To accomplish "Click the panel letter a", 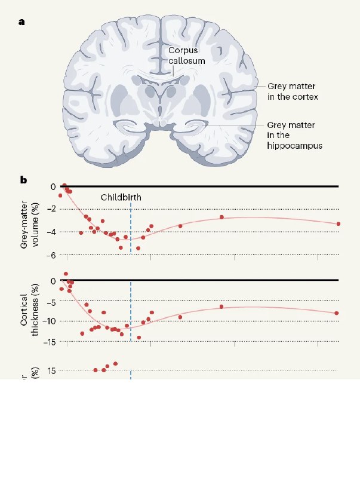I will (22, 22).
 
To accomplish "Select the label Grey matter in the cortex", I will (293, 91).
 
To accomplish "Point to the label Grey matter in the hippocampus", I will (294, 135).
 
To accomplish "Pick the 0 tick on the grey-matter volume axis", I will (53, 186).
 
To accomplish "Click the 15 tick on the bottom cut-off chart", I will (51, 370).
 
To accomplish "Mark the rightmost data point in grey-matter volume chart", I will (339, 224).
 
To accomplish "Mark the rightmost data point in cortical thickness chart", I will (337, 313).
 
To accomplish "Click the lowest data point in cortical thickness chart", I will (139, 338).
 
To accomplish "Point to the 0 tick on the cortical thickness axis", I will (53, 281).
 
